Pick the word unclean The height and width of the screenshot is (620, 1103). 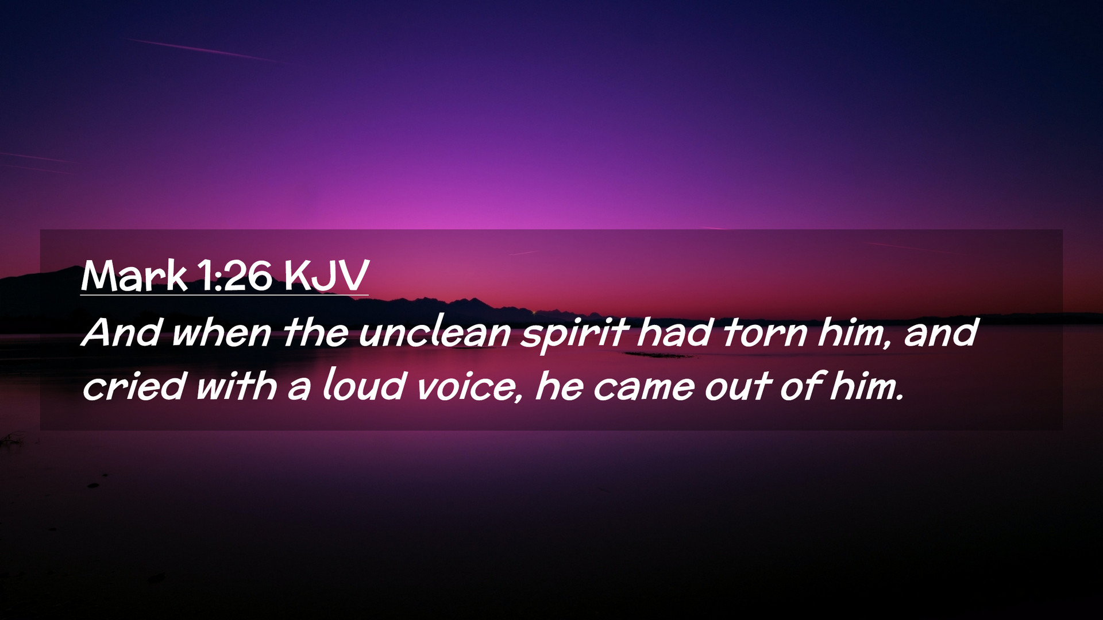point(435,333)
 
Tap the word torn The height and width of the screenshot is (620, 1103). point(765,333)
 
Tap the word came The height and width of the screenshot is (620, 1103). point(644,387)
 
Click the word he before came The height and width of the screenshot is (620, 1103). point(560,385)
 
